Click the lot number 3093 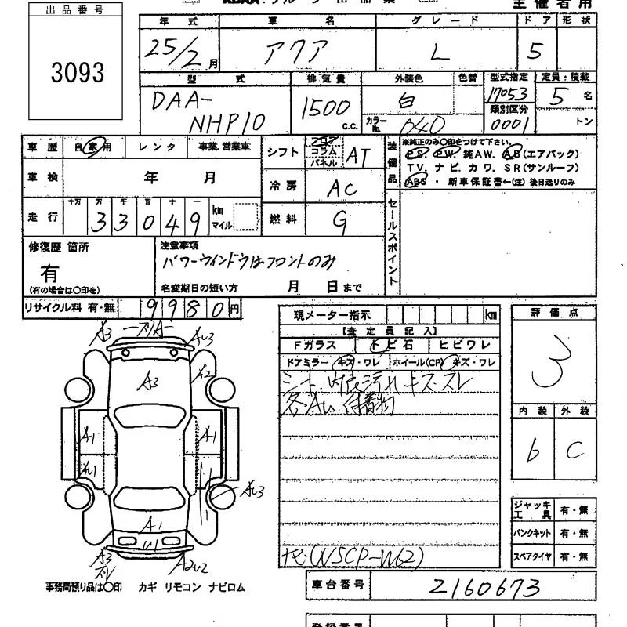pos(78,73)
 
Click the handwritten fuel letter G pos(339,222)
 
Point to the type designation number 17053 pos(507,93)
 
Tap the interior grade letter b pos(533,452)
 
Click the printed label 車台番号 pos(336,585)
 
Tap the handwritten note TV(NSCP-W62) pos(353,556)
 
